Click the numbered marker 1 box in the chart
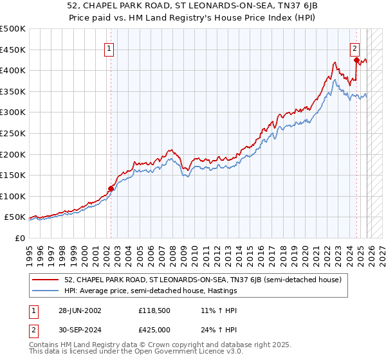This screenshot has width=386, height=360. pos(110,48)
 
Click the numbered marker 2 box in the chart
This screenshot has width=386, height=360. pos(354,48)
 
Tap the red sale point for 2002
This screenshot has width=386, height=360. pos(111,188)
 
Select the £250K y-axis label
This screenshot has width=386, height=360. pos(13,134)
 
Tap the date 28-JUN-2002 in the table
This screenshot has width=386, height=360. pos(78,310)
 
